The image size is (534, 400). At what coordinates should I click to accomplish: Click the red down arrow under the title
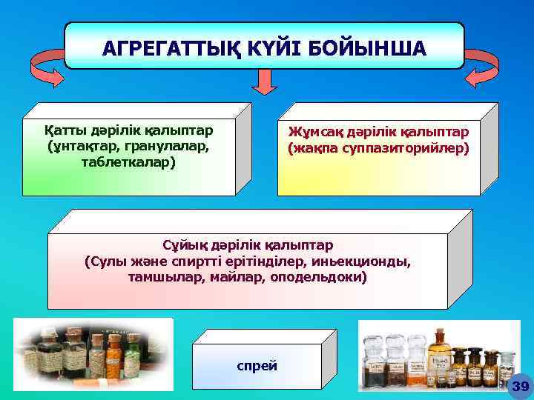264,82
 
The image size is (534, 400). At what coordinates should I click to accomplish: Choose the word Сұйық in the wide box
182,244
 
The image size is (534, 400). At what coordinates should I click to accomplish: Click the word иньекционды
367,261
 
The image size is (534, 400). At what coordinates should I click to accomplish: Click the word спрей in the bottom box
257,365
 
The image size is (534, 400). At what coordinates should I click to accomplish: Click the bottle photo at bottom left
93,355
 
